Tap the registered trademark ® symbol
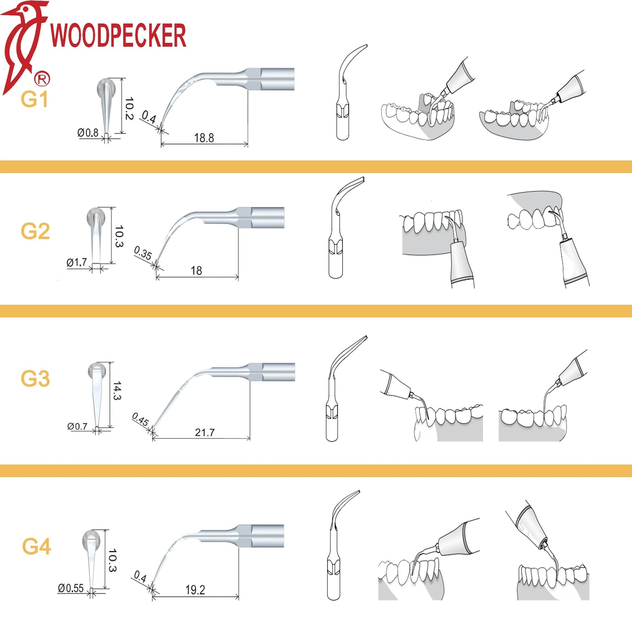42,79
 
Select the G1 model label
34,99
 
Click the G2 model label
35,231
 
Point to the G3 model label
35,378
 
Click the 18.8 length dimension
204,138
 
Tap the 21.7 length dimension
205,433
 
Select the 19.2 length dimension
195,590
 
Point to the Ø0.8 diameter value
88,133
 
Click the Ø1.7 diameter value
77,262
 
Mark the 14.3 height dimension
117,390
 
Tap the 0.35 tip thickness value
143,253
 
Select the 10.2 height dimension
129,108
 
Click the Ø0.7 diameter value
77,427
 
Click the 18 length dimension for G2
196,271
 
